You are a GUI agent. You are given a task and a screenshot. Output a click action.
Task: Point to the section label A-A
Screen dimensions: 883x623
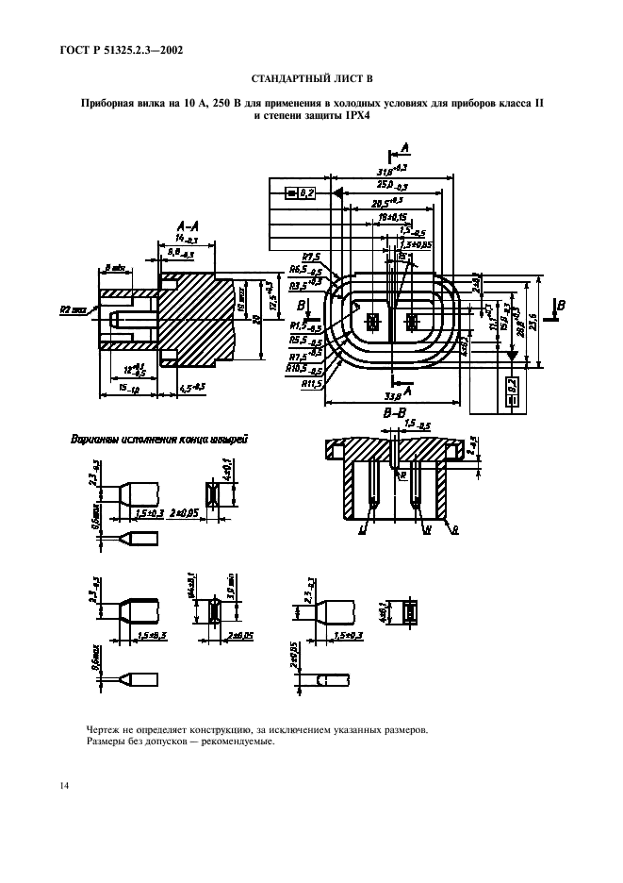187,227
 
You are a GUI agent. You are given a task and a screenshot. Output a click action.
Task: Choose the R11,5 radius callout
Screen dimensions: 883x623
311,385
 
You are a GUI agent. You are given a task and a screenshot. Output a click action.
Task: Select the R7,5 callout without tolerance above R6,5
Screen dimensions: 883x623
311,256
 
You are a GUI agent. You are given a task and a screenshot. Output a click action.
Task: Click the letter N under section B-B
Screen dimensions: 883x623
429,532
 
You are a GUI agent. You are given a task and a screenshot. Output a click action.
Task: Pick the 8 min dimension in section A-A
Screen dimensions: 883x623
116,268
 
